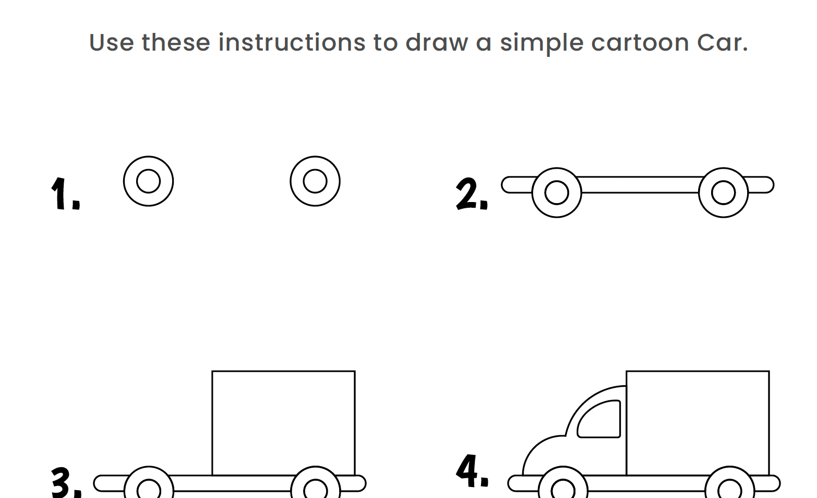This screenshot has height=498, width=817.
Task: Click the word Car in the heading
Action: [722, 42]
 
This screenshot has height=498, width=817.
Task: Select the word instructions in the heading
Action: [292, 42]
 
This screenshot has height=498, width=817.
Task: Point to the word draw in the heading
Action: [437, 42]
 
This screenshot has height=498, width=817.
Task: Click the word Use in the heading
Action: [112, 42]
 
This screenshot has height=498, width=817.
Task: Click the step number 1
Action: [65, 194]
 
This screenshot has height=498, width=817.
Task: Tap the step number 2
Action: [471, 194]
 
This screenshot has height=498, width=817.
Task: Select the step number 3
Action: [66, 482]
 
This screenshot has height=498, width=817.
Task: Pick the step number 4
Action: [472, 471]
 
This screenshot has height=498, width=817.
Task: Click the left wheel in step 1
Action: [148, 181]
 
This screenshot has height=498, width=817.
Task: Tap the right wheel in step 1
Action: [315, 181]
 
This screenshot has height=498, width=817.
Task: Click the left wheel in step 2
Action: [557, 193]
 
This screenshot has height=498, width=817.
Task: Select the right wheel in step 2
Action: [724, 193]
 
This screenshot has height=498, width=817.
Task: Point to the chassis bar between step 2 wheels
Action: [640, 185]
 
